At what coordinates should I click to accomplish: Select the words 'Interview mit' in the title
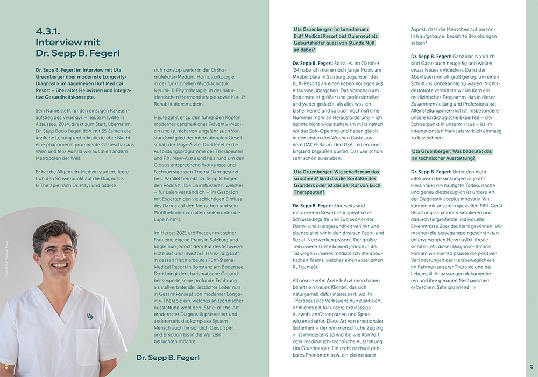(x=68, y=43)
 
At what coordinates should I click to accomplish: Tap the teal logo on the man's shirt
(x=90, y=316)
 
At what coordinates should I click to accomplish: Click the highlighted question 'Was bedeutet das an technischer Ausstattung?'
(x=443, y=155)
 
